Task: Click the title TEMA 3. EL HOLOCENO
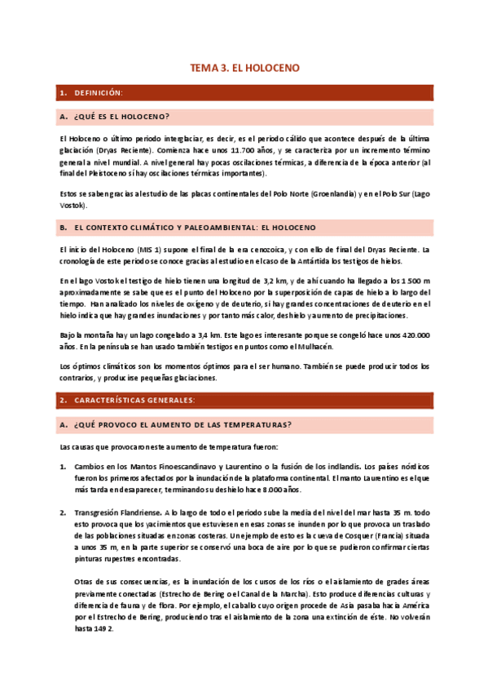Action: [x=244, y=70]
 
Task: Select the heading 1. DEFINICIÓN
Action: [x=98, y=94]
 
